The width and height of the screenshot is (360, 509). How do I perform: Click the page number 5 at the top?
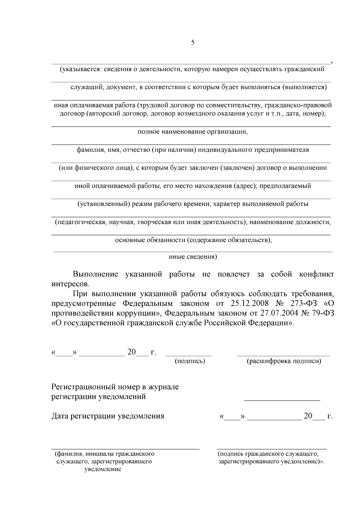pos(193,42)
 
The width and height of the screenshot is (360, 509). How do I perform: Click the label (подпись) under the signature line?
pos(190,361)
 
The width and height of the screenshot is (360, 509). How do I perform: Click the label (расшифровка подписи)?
pos(284,361)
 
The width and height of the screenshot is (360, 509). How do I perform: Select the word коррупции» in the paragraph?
pos(139,313)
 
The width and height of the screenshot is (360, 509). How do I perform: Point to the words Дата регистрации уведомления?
pos(108,416)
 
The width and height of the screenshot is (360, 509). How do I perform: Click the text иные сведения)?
pos(193,257)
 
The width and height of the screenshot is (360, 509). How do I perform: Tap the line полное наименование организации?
pos(193,132)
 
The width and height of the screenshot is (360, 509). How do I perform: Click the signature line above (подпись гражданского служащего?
pos(271,449)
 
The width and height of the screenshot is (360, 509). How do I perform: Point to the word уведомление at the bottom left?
pos(103,469)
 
